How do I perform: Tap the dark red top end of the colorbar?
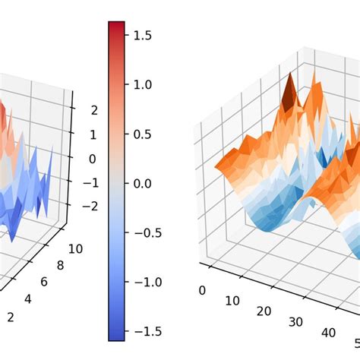pyautogui.click(x=116, y=27)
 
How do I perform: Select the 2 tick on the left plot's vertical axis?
pyautogui.click(x=93, y=110)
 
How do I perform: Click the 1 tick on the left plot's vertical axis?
pyautogui.click(x=93, y=134)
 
